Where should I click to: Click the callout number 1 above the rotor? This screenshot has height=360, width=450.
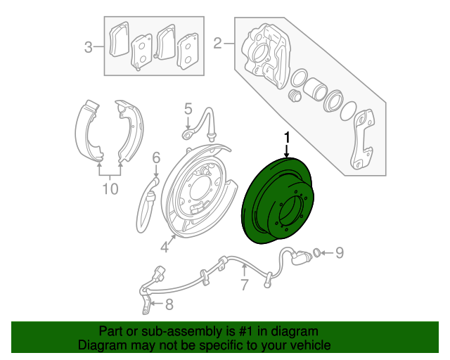pos(287,136)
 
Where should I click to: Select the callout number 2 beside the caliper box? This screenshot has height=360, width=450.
pos(218,44)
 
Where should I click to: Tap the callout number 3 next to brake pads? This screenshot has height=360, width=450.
pos(89,47)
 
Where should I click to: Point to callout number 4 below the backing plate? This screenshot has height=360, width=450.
pos(164,246)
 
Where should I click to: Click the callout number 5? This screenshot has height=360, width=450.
pos(188,108)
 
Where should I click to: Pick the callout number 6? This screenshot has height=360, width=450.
pos(157,157)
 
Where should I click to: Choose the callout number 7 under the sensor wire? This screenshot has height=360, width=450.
pos(244,285)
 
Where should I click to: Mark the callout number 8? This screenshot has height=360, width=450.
pos(169,304)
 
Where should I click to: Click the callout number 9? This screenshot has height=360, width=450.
pos(338,252)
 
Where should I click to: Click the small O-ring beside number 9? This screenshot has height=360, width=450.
pos(316,252)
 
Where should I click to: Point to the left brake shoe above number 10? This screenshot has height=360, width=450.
pos(88,130)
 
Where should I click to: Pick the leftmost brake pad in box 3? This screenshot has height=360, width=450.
pos(119,39)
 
